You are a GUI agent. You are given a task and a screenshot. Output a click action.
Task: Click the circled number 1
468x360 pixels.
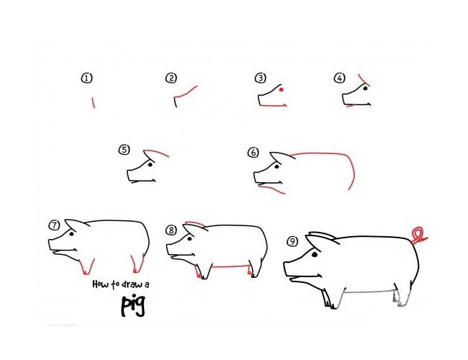(86, 78)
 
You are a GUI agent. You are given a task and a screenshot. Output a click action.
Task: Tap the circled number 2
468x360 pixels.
(171, 78)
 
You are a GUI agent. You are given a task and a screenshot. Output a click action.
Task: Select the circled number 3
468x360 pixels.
(260, 78)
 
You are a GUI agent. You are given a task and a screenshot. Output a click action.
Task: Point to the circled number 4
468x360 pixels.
(339, 78)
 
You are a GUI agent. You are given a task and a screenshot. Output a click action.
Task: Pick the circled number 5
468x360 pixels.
(124, 150)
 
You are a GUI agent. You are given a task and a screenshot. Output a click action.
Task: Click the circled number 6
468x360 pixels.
(253, 153)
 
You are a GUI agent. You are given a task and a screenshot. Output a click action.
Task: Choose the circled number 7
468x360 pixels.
(54, 225)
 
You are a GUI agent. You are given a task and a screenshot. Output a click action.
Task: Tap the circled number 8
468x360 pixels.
(171, 230)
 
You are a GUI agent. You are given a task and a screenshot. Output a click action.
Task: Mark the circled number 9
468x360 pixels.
(292, 241)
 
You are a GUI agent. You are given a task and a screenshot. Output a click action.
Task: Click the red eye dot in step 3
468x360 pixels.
(281, 89)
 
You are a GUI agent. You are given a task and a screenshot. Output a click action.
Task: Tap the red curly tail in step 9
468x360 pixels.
(419, 235)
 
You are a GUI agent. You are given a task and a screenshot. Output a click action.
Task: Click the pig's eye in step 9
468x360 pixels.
(315, 255)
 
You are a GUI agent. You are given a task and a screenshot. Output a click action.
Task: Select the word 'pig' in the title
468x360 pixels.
(133, 306)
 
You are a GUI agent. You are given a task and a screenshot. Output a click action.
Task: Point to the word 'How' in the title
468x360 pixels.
(101, 284)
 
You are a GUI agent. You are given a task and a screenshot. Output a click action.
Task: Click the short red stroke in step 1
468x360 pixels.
(94, 103)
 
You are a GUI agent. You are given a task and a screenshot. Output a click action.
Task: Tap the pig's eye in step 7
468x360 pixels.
(71, 234)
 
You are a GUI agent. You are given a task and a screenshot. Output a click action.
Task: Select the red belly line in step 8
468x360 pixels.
(230, 266)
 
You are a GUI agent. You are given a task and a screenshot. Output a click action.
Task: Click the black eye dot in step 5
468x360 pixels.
(150, 164)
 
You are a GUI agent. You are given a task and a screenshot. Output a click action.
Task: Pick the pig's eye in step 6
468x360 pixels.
(276, 166)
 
